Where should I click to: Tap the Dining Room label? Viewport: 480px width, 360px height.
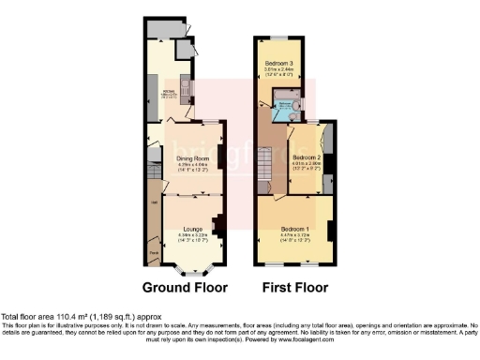click(191, 158)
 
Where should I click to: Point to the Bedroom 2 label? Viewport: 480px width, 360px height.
click(307, 157)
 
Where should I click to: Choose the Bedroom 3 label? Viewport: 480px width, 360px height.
click(275, 61)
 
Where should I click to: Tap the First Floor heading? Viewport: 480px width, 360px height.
click(292, 287)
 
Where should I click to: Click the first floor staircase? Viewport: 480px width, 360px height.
click(266, 169)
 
